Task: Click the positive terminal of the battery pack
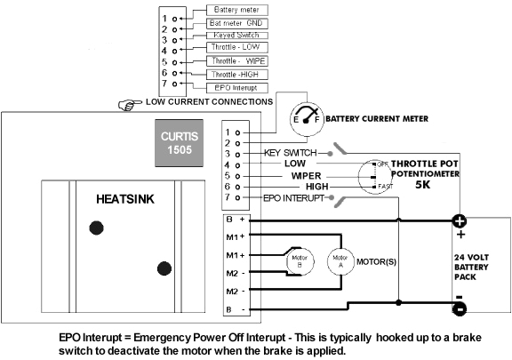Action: [460, 222]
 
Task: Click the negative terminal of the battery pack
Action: [460, 308]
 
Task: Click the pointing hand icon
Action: [132, 104]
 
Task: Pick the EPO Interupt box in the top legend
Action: [234, 87]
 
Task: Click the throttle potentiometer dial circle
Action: [374, 176]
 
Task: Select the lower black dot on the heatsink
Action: [162, 269]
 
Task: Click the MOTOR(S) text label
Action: [377, 263]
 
